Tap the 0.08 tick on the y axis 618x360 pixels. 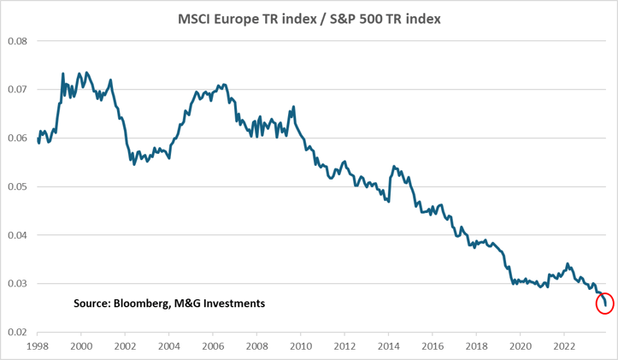(17, 41)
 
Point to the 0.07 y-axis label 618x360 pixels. (17, 90)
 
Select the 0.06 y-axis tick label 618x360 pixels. (17, 138)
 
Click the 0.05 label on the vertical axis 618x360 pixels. (17, 186)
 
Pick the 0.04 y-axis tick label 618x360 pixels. (17, 235)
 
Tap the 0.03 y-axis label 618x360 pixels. (17, 283)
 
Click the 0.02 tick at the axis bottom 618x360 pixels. (17, 332)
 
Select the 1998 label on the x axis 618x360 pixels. (38, 346)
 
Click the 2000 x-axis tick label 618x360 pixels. (81, 346)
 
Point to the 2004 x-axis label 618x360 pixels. (168, 346)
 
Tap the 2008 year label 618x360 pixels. (256, 346)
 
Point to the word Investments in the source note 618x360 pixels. (232, 304)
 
